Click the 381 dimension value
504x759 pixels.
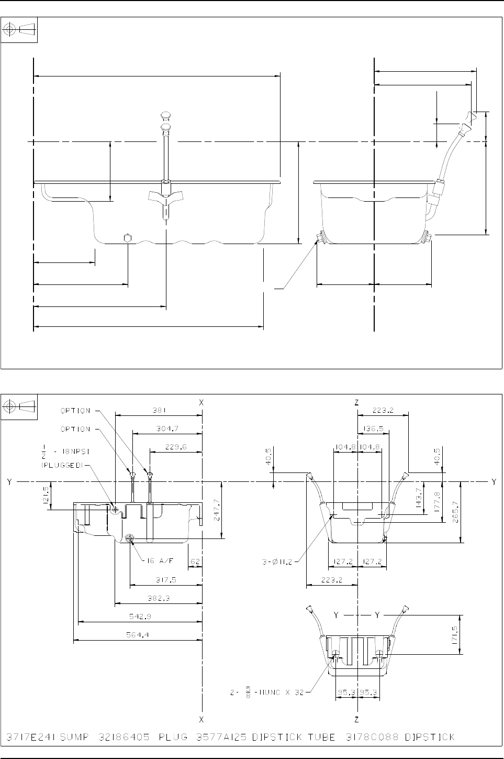(158, 411)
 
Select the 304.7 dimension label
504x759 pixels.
(167, 428)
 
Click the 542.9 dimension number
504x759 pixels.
(139, 616)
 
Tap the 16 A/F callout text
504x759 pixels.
(159, 561)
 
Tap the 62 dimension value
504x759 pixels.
(195, 561)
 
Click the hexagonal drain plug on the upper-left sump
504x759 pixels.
(127, 238)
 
